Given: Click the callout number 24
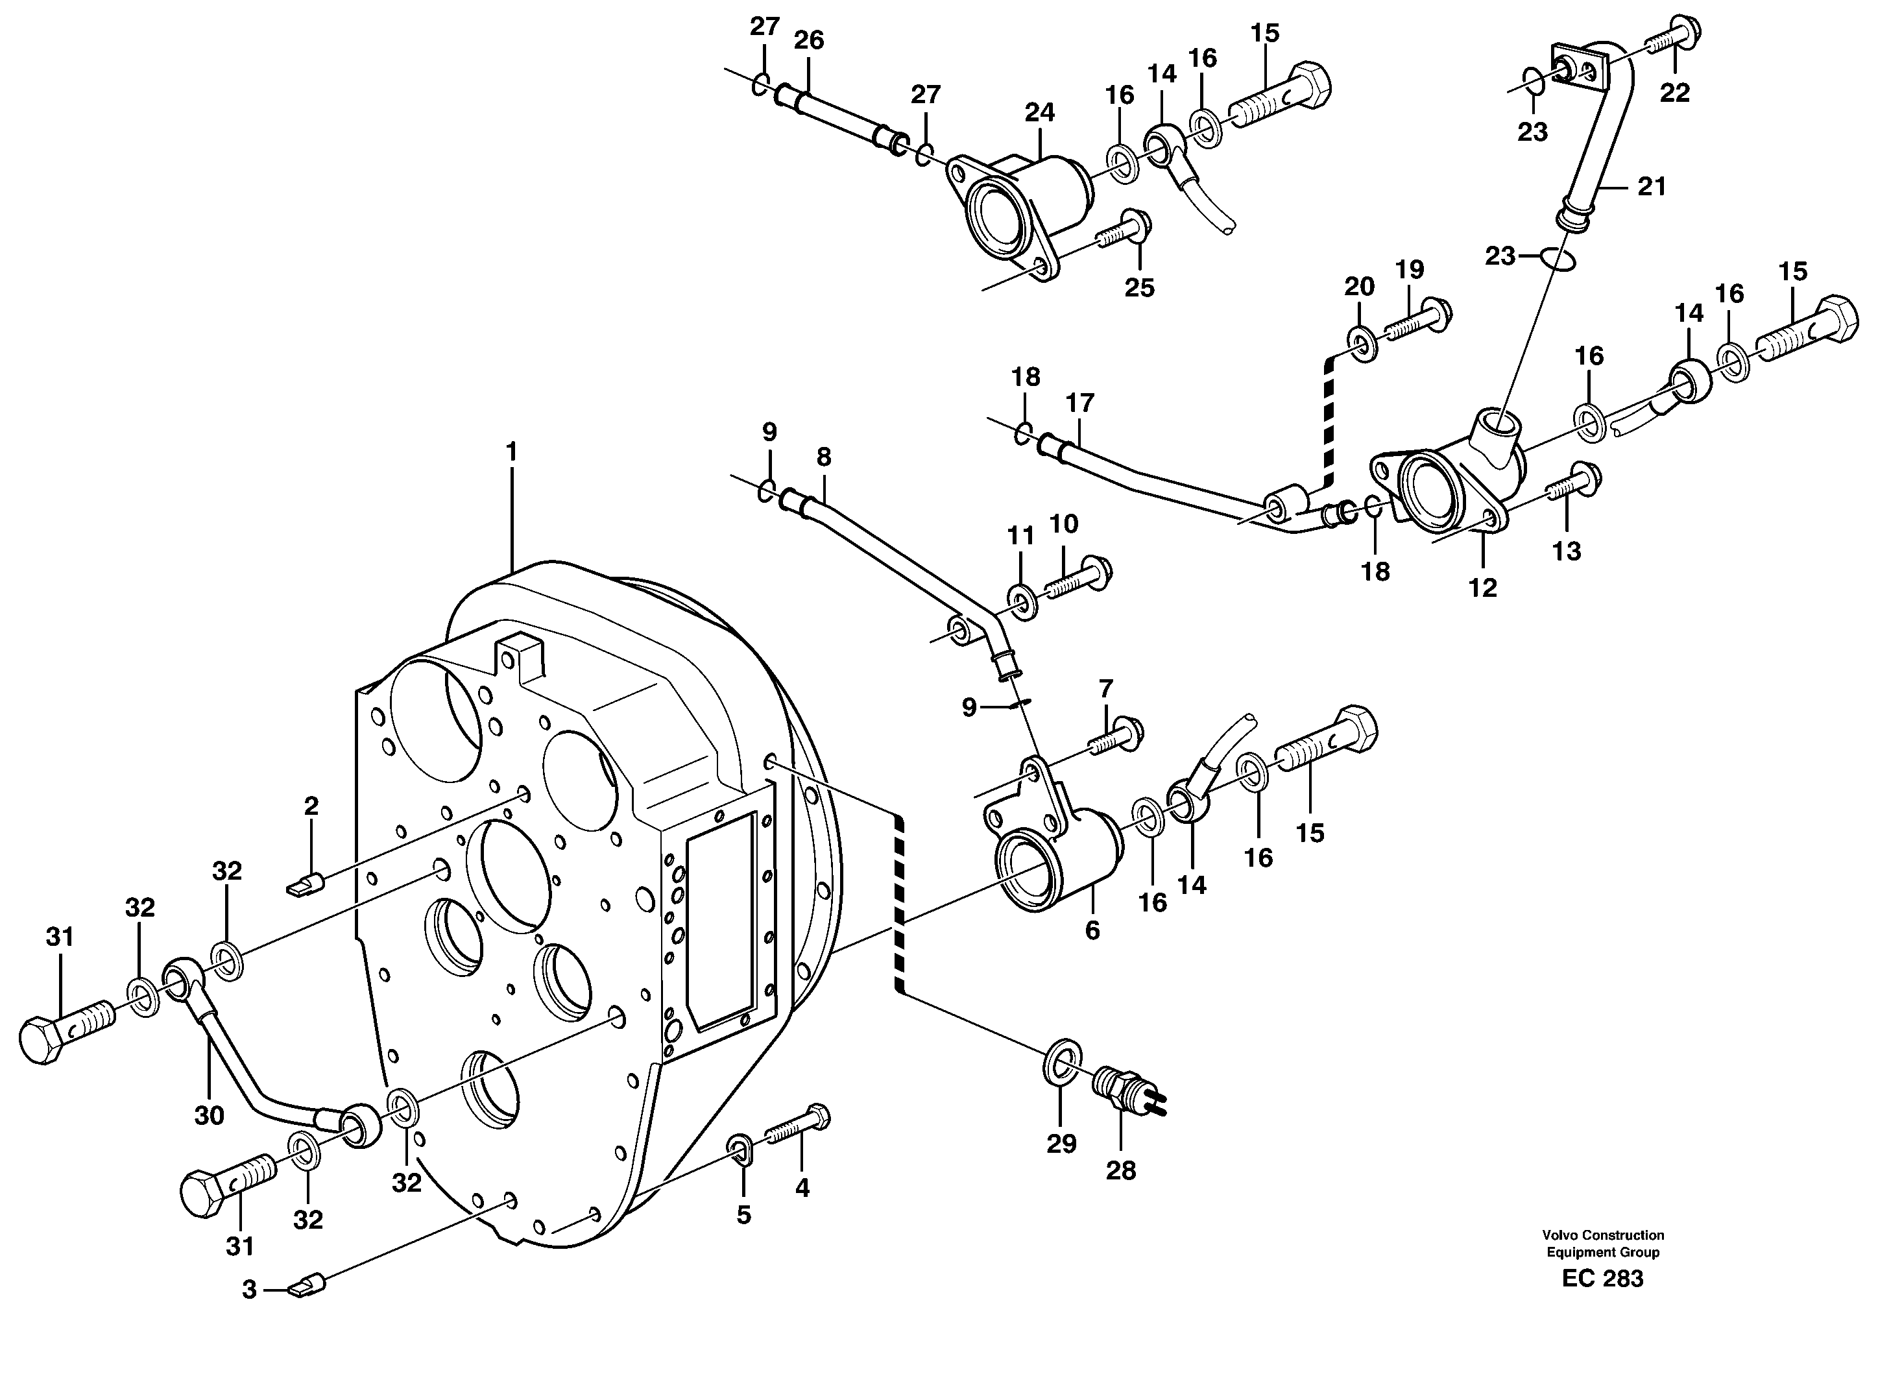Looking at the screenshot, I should [1039, 112].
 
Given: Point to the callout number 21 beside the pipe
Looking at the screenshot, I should [1652, 186].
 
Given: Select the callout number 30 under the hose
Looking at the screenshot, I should [209, 1115].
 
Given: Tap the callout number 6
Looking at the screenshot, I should [1091, 930].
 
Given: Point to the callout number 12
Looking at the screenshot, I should [1482, 588].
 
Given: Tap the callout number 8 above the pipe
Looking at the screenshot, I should [824, 457].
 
